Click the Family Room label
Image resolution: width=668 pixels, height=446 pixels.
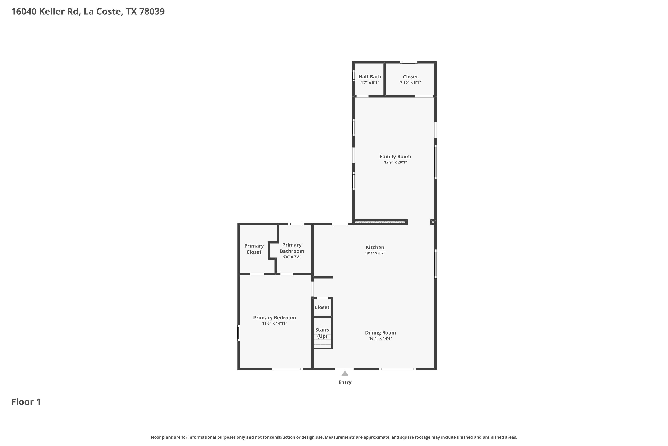tap(395, 157)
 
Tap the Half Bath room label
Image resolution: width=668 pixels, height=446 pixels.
tap(369, 76)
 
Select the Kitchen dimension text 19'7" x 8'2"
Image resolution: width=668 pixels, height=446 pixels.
tap(375, 253)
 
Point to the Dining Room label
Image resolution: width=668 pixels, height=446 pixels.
tap(380, 332)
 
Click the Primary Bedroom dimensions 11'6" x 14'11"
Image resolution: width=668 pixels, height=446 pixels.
tap(274, 323)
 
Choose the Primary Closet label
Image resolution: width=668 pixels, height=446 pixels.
tap(254, 249)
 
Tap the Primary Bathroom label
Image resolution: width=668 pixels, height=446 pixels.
tap(292, 248)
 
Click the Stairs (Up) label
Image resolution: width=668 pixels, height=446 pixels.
tap(322, 333)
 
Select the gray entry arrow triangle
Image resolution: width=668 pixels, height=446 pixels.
tap(345, 374)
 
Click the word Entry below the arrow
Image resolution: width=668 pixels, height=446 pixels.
tap(345, 382)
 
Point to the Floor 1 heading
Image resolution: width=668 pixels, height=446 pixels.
tap(26, 402)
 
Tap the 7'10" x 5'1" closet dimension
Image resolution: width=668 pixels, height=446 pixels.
tap(410, 83)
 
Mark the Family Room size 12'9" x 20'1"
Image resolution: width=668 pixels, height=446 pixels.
tap(395, 162)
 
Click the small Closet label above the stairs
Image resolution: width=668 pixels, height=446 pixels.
tap(322, 307)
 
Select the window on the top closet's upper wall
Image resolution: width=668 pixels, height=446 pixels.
tap(409, 62)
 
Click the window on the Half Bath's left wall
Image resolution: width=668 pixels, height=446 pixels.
tap(354, 76)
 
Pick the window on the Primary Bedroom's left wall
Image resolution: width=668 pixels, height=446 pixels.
tap(238, 333)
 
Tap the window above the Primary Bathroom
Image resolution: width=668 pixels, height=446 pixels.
tap(296, 224)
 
